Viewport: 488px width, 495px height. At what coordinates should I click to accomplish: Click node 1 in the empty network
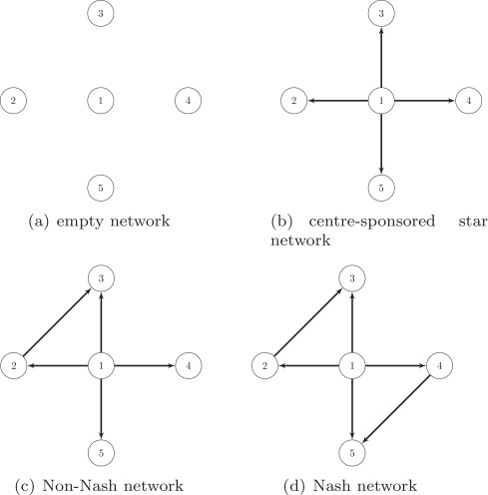pos(101,101)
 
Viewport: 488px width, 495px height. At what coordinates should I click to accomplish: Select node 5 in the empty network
pos(101,188)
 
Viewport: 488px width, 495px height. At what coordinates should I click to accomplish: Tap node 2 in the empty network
pos(13,101)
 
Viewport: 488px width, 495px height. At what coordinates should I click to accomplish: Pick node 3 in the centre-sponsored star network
pos(381,13)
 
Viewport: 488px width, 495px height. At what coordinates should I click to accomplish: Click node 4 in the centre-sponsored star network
pos(469,101)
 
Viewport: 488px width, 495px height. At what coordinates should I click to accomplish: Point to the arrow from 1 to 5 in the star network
pos(381,143)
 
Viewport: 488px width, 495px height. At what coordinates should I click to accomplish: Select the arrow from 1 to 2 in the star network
pos(337,101)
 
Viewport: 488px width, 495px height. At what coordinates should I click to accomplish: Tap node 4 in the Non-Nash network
pos(189,365)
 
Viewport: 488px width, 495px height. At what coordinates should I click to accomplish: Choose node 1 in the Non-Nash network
pos(101,365)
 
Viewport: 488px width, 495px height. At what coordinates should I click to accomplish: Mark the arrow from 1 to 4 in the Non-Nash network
pos(145,365)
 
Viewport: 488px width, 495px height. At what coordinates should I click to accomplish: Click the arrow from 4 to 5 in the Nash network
pos(396,409)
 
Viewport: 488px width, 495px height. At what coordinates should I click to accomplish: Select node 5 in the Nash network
pos(352,453)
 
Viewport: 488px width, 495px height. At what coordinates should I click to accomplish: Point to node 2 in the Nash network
pos(264,365)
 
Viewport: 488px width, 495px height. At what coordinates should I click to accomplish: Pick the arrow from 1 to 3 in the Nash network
pos(352,322)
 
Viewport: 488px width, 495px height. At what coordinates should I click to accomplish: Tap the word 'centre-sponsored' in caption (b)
pos(372,222)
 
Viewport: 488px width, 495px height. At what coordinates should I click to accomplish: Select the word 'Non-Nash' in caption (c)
pos(80,485)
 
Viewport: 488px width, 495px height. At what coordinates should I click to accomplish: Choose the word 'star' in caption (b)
pos(473,221)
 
